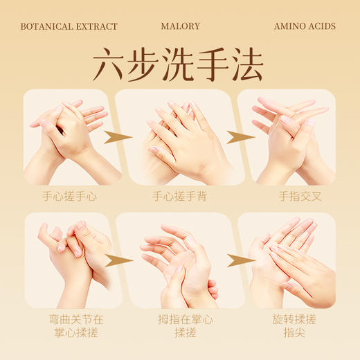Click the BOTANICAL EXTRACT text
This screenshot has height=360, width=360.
click(69, 26)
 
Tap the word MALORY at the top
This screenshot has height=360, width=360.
click(180, 26)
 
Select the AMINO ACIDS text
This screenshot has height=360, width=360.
click(305, 26)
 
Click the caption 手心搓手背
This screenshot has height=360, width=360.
click(180, 196)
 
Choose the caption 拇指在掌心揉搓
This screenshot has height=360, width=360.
click(179, 326)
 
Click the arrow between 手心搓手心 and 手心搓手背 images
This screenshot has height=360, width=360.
click(119, 136)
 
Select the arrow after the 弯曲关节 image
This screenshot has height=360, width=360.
click(119, 260)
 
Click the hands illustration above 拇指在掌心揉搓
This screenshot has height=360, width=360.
click(180, 260)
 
